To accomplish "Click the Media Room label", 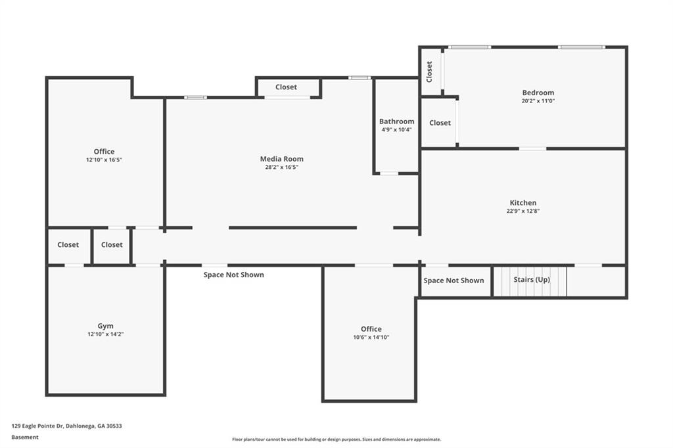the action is tap(281, 159).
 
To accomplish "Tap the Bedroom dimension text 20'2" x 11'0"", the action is tap(538, 101).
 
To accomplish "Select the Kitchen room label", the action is tap(522, 202).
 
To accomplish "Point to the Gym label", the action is tap(106, 326).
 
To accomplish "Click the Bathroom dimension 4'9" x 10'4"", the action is tap(396, 129).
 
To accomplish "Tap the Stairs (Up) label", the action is tap(531, 279).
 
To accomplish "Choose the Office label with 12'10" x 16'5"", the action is tap(104, 152).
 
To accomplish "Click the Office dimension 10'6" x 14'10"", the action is tap(371, 337).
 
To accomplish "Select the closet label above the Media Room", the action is tap(286, 87).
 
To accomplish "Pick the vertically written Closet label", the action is tap(429, 72).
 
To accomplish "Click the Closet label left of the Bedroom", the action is tap(440, 123).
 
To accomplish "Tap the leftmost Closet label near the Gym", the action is tap(68, 244).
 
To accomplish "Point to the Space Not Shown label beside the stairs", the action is tap(453, 280).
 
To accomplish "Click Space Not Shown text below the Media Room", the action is tap(233, 275).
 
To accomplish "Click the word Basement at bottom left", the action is tap(25, 437).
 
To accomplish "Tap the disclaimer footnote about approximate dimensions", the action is tap(336, 439).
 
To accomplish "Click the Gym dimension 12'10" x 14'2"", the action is tap(106, 334).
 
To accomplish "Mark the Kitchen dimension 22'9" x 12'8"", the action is tap(522, 211).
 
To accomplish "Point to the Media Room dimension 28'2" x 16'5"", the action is tap(281, 167).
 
